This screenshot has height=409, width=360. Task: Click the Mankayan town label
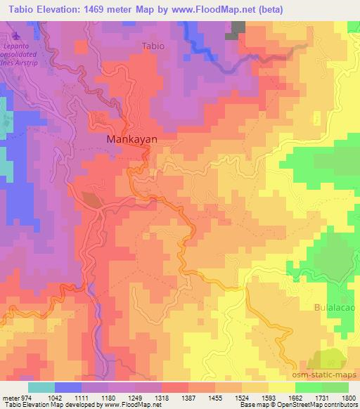coord(131,139)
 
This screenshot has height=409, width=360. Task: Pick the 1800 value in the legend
coord(347,397)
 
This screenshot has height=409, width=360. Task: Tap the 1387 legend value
coord(188,397)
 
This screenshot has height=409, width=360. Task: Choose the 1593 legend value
coord(268,397)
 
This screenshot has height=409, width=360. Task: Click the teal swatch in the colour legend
coord(41,387)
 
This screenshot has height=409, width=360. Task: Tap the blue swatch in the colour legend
coord(68,387)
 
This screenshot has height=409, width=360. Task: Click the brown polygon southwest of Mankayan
coord(92,200)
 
